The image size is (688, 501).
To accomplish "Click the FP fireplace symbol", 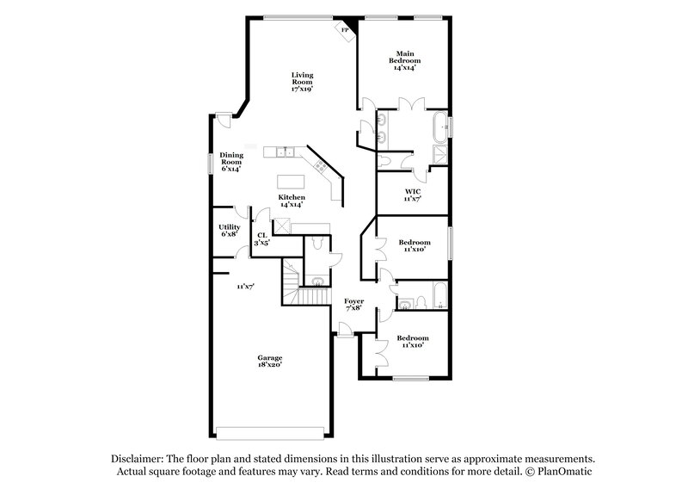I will click(346, 29).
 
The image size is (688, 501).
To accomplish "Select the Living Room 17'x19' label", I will click(301, 81).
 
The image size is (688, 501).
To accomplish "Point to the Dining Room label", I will click(231, 161).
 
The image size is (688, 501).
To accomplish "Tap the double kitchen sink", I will click(286, 153).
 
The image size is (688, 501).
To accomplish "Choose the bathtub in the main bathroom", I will click(441, 127).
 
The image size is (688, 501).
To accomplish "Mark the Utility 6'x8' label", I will click(230, 230).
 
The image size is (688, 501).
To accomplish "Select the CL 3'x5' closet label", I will click(261, 238).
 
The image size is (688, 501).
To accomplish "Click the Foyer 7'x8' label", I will click(353, 304).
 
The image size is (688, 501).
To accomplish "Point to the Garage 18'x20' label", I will click(270, 362).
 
